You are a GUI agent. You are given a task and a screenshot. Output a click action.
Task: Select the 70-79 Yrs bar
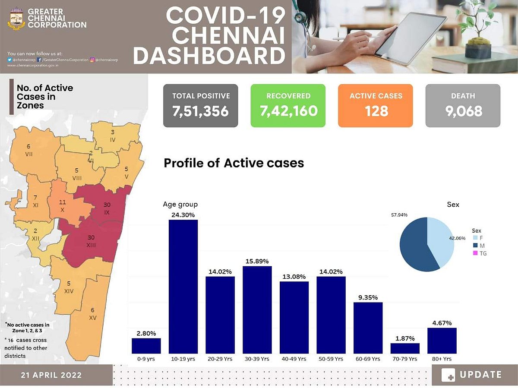click(x=405, y=348)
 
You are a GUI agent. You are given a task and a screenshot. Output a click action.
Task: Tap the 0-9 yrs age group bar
click(x=146, y=346)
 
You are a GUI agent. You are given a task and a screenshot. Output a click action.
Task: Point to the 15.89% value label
click(x=257, y=261)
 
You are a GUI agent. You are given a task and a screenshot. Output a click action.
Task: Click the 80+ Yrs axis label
click(x=442, y=359)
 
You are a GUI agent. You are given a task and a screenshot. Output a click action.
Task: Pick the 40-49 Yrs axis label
click(x=294, y=359)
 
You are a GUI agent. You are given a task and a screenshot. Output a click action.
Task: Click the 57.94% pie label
click(x=398, y=215)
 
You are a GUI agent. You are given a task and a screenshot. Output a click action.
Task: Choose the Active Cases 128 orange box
click(x=375, y=105)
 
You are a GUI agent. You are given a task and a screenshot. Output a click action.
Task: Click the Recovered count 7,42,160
click(x=288, y=111)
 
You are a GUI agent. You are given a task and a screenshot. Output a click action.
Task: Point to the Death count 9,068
click(x=463, y=111)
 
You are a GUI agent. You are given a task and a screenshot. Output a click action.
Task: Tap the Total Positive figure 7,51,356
click(x=200, y=111)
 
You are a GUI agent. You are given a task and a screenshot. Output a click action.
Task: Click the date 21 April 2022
click(x=51, y=375)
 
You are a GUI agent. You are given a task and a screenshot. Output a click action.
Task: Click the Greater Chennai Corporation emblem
click(x=17, y=19)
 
